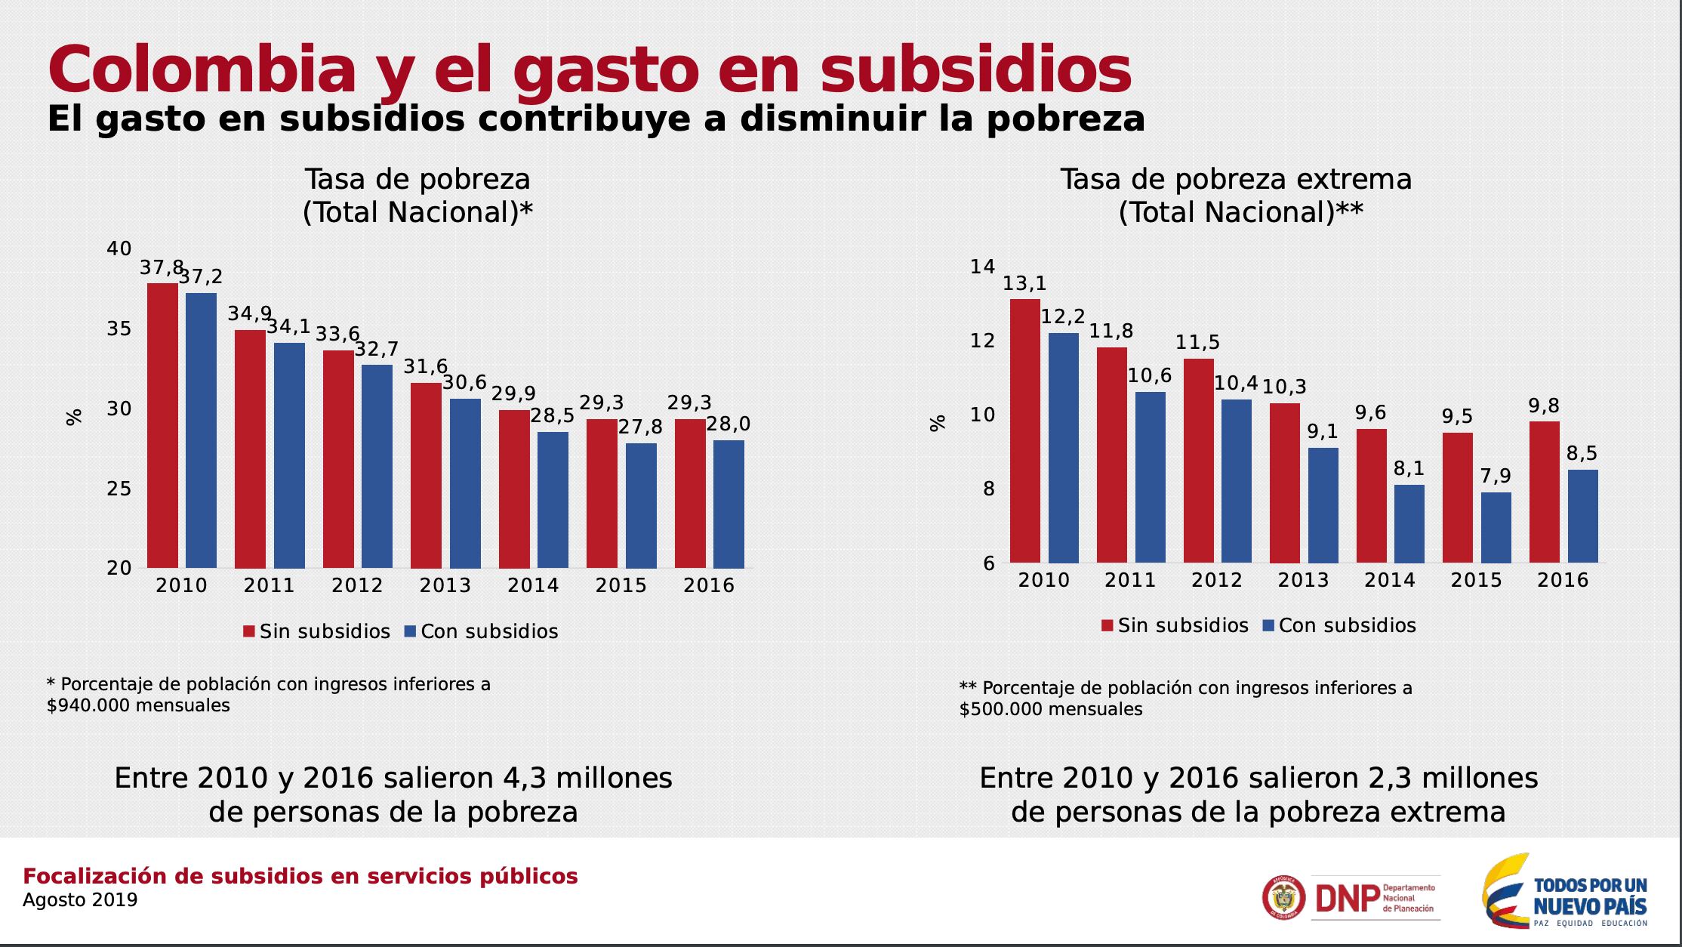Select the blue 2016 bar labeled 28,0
point(729,504)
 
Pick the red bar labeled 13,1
point(1024,430)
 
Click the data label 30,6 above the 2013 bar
point(464,383)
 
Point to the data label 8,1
point(1409,469)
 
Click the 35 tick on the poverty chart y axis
point(119,329)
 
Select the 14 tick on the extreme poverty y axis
point(982,267)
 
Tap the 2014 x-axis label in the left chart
point(533,585)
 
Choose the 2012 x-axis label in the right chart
point(1216,580)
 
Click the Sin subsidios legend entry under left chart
point(316,631)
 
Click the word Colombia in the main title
point(202,69)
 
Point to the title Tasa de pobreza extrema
point(1235,180)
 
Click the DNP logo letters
point(1347,899)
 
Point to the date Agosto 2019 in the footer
point(80,900)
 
